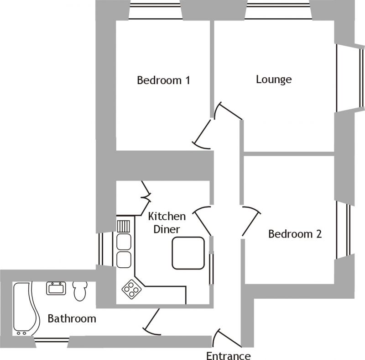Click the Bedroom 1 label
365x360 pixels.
point(163,80)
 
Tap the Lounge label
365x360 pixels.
point(274,79)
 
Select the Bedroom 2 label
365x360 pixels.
point(295,234)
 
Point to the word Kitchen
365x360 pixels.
point(167,217)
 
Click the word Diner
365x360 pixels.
point(167,229)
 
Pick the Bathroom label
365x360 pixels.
point(72,318)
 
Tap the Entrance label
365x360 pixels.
point(229,355)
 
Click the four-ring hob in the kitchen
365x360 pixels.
point(131,289)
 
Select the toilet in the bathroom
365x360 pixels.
point(80,291)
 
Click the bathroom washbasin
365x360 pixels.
point(56,288)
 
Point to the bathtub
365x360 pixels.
point(26,309)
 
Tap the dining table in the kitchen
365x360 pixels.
point(188,253)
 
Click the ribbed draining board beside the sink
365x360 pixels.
point(124,226)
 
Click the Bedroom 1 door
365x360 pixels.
point(202,134)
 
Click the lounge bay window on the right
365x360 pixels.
point(350,78)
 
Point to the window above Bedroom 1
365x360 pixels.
point(155,11)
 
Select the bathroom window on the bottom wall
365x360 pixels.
point(52,339)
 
